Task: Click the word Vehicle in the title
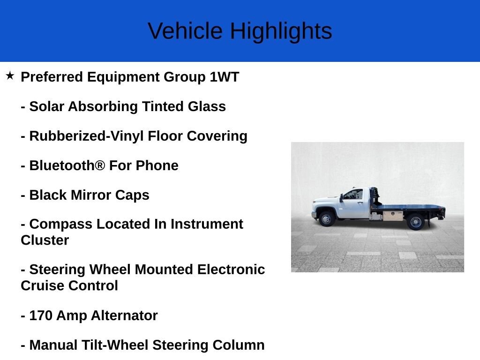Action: (x=185, y=31)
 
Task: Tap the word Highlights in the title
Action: (x=281, y=31)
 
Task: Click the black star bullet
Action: (x=10, y=75)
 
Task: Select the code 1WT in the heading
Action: (x=225, y=77)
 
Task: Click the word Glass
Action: (x=207, y=106)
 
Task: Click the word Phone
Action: (x=157, y=165)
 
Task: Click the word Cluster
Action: (x=45, y=240)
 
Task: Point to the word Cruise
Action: (x=43, y=285)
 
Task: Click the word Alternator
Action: (x=124, y=315)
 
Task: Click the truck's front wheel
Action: (x=326, y=219)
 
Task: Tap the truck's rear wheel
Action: (x=416, y=221)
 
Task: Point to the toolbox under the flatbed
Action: (x=393, y=216)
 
